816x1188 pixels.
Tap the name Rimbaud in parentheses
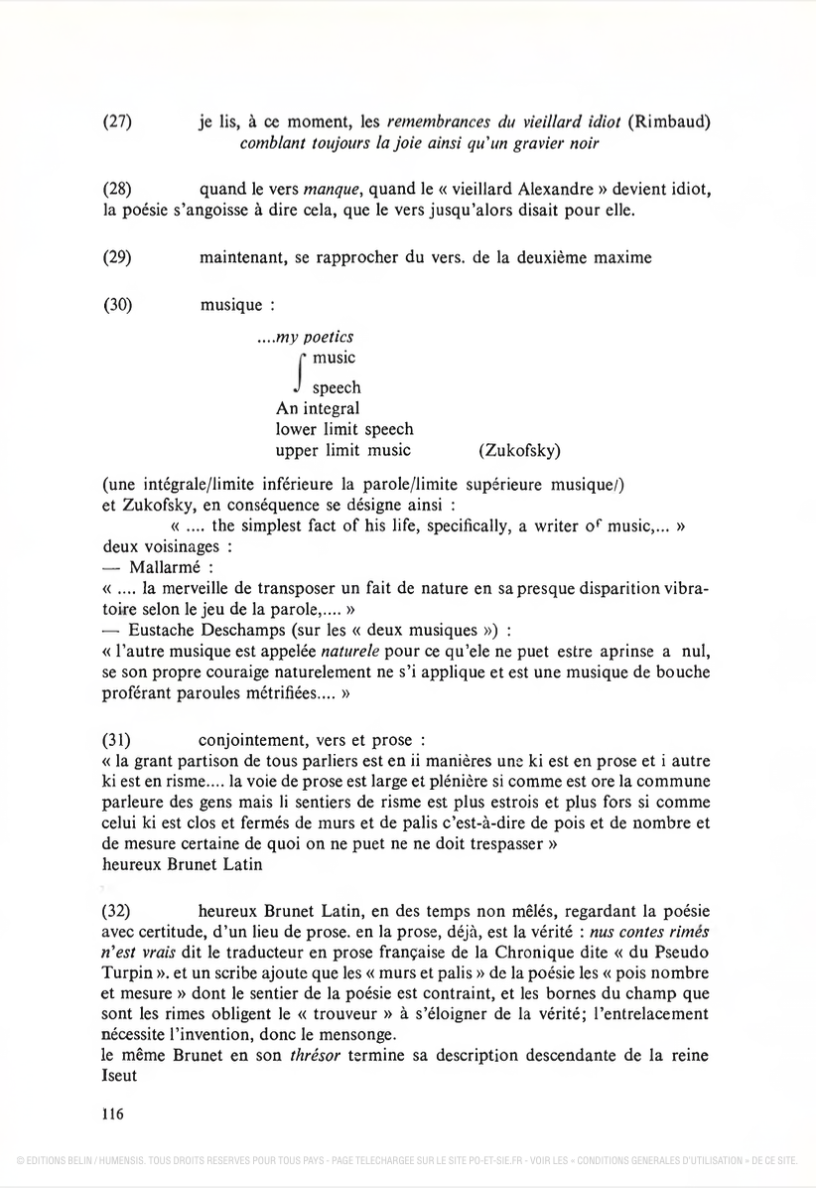(x=675, y=122)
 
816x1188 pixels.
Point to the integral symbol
(x=298, y=371)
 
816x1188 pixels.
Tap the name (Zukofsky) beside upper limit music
(x=519, y=451)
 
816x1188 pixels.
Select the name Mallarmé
(x=166, y=566)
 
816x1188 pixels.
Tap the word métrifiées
(x=277, y=695)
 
